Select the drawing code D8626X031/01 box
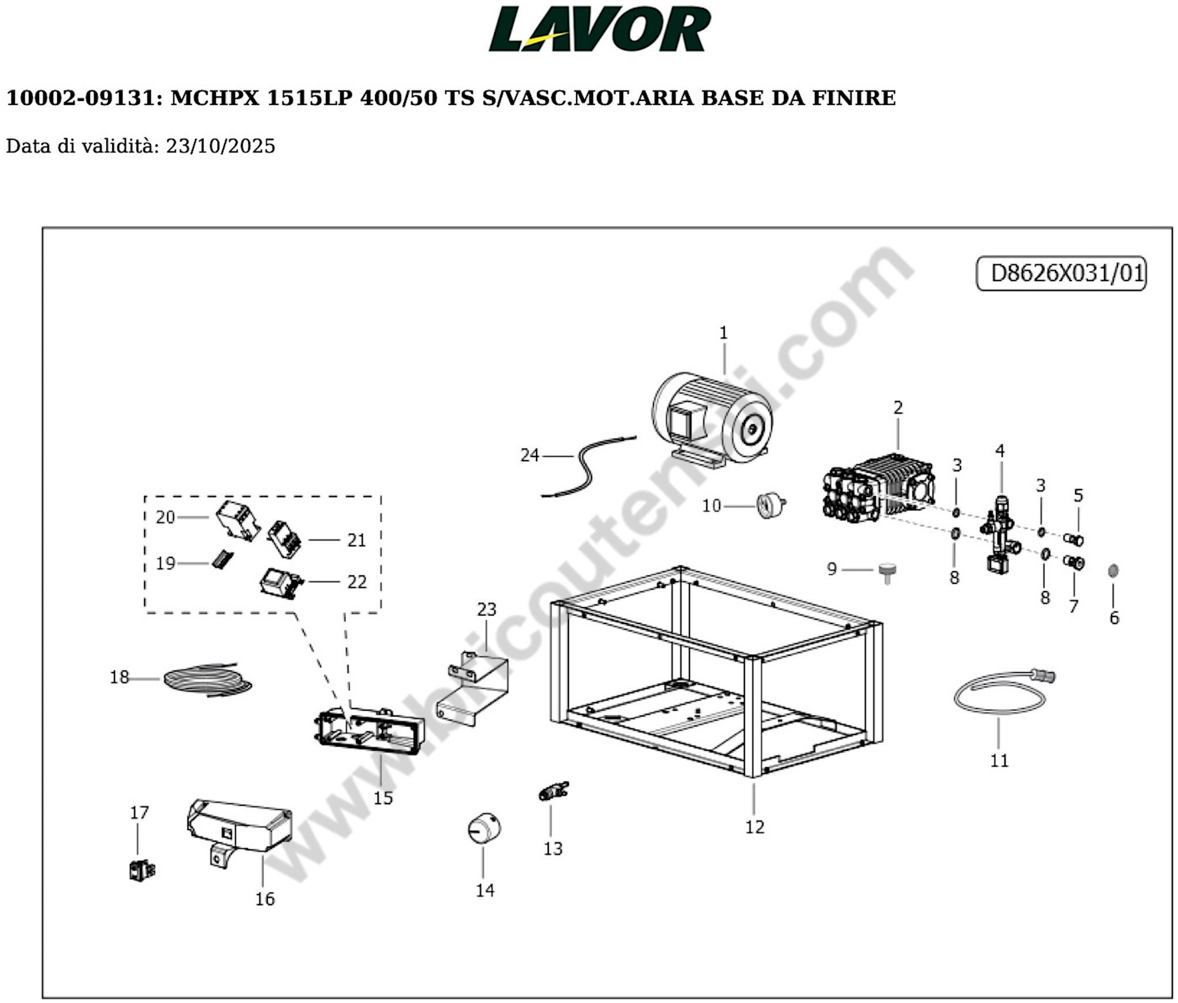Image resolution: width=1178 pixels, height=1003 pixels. point(1061,273)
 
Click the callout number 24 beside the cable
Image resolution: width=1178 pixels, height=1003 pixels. point(529,455)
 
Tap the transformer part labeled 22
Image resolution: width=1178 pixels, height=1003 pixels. point(281,583)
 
